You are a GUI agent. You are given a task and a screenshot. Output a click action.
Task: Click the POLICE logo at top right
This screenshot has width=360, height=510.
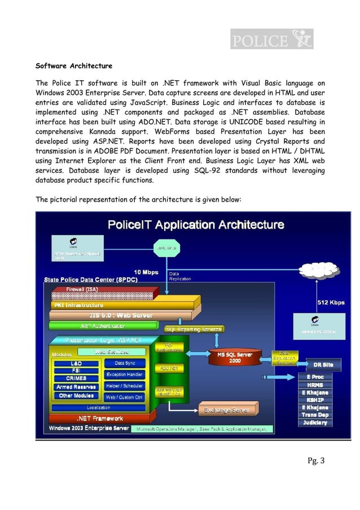click(x=271, y=40)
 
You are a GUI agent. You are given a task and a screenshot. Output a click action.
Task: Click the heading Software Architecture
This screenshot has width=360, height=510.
click(x=74, y=66)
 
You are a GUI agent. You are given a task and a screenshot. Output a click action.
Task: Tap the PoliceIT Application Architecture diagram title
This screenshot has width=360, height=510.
click(x=196, y=225)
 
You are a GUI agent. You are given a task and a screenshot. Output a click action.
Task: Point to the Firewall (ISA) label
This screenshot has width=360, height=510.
click(x=83, y=289)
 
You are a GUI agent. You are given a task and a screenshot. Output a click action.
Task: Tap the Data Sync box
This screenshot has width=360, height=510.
click(x=124, y=363)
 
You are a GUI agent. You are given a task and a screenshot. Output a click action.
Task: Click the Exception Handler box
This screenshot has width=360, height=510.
click(x=124, y=374)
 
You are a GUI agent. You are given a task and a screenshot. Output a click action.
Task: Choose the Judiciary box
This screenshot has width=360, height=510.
click(x=315, y=422)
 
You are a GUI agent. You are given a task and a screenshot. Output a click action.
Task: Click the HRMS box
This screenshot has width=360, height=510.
click(x=315, y=384)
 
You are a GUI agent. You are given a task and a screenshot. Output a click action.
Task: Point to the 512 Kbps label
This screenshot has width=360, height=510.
click(x=331, y=302)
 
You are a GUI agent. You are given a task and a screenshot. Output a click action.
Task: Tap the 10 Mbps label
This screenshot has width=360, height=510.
click(x=146, y=272)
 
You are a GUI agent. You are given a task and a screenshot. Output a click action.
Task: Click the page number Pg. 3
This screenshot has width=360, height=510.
click(x=315, y=461)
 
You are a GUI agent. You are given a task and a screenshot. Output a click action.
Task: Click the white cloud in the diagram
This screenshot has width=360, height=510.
click(x=168, y=248)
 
